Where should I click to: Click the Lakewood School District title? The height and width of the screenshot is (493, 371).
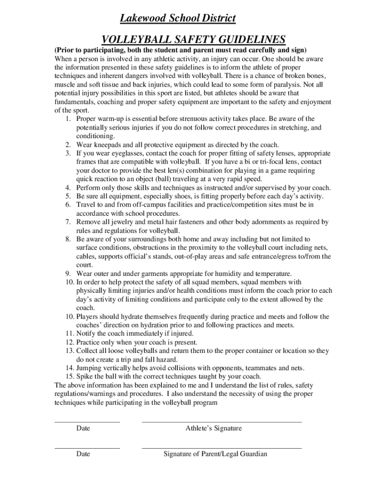(x=178, y=19)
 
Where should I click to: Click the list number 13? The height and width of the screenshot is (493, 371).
(x=70, y=351)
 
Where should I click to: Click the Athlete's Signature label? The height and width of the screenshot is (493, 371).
(x=213, y=428)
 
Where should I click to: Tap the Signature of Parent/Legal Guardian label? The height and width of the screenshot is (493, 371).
(x=215, y=454)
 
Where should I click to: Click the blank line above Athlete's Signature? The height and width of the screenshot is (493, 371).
(x=221, y=422)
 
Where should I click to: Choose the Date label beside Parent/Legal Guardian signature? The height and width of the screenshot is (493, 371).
(x=83, y=454)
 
